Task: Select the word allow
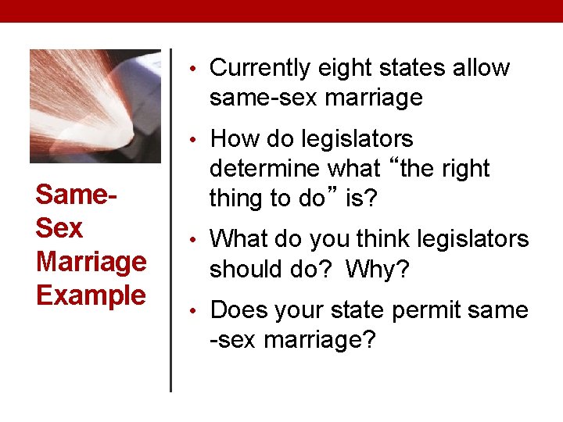pyautogui.click(x=482, y=69)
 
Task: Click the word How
pyautogui.click(x=234, y=140)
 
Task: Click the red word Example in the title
pyautogui.click(x=91, y=296)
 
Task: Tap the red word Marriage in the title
pyautogui.click(x=91, y=262)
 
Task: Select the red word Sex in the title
pyautogui.click(x=59, y=228)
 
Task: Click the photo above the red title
pyautogui.click(x=95, y=105)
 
